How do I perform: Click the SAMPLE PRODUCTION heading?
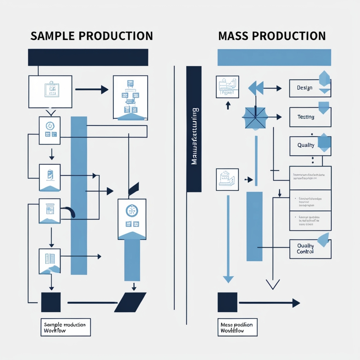[91, 36]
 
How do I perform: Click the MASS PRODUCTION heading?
[271, 36]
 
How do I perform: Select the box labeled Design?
[310, 88]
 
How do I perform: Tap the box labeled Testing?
[310, 117]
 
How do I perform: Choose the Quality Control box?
[310, 249]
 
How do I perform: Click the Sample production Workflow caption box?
[65, 327]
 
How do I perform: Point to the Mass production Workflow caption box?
[237, 327]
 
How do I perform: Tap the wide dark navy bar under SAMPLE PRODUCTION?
[88, 57]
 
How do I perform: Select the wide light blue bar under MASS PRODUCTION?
[274, 57]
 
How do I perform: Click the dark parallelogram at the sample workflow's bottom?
[130, 302]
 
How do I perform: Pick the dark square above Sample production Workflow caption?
[51, 302]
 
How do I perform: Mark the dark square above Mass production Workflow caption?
[227, 302]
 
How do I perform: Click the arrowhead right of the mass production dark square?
[296, 303]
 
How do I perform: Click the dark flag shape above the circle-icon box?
[134, 189]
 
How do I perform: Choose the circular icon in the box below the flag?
[132, 211]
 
